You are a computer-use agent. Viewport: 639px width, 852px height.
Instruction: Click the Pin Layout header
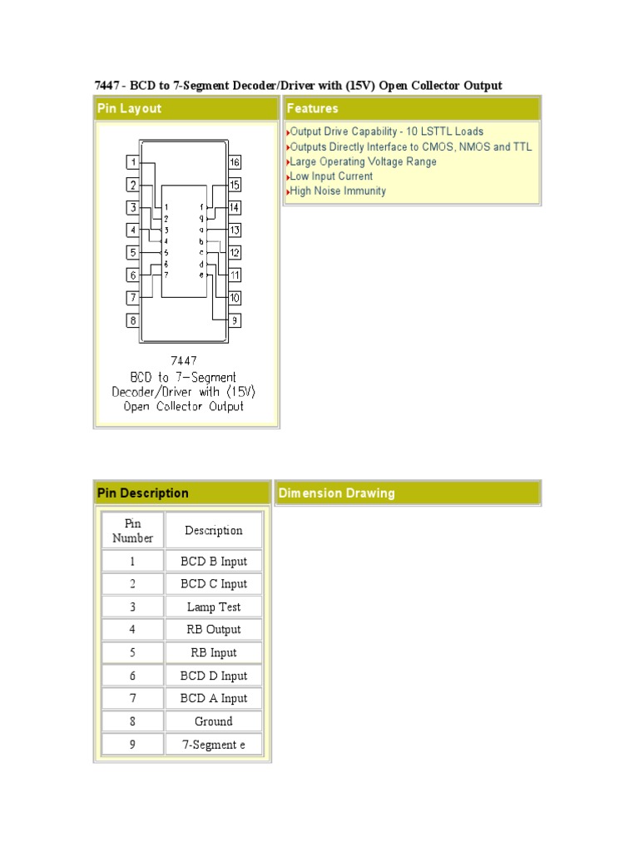tap(130, 109)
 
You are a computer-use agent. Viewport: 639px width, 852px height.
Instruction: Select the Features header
tap(313, 109)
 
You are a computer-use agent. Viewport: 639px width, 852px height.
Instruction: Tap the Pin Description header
tap(143, 493)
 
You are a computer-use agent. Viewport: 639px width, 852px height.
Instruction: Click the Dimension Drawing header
tap(337, 493)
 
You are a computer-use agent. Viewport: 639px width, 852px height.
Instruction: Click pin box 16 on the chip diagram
tap(235, 162)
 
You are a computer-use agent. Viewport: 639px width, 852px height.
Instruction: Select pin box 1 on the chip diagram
tap(132, 162)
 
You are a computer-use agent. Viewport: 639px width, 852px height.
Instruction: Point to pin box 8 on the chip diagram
tap(132, 319)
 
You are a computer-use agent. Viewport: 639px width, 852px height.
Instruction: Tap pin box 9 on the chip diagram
tap(235, 319)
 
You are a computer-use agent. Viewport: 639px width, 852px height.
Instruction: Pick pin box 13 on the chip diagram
tap(235, 230)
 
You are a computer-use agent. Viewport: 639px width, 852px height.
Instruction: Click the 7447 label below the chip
tap(183, 360)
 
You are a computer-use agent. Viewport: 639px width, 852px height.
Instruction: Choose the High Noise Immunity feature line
tap(338, 191)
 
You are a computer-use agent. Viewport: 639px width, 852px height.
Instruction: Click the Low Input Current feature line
tap(331, 176)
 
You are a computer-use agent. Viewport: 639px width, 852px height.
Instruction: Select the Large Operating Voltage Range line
tap(363, 161)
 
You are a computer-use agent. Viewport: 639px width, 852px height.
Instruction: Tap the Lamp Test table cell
tap(214, 607)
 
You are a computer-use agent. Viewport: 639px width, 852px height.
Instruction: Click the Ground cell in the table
tap(214, 721)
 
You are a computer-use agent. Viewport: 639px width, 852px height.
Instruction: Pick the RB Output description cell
tap(214, 630)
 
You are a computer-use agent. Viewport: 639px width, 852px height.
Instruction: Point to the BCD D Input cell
tap(214, 676)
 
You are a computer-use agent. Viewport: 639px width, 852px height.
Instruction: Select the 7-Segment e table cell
tap(214, 745)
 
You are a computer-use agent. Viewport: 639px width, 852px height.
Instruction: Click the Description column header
tap(214, 531)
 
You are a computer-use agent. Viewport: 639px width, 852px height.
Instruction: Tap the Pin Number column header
tap(133, 531)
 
